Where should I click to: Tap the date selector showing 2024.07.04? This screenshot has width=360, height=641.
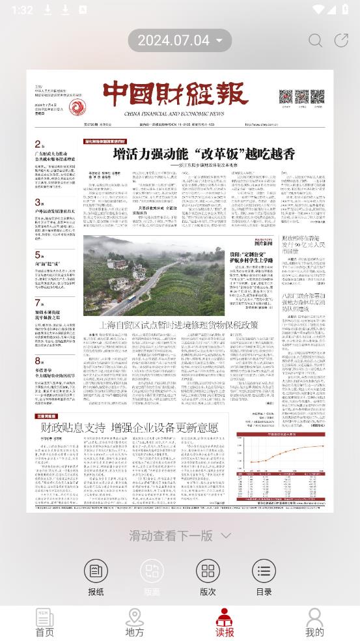click(180, 40)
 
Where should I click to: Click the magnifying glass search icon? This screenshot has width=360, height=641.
click(315, 40)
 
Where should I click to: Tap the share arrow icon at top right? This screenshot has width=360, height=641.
click(341, 40)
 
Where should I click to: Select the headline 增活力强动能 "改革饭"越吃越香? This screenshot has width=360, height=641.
click(204, 154)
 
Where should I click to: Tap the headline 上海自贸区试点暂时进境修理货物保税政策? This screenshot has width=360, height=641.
click(178, 324)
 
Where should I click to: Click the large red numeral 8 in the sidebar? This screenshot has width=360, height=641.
click(38, 360)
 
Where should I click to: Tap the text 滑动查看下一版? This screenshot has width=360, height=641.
click(171, 535)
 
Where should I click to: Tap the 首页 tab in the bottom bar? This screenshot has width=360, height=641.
click(45, 623)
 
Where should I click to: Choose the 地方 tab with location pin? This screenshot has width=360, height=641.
click(135, 623)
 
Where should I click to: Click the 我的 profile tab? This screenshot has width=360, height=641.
click(314, 623)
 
